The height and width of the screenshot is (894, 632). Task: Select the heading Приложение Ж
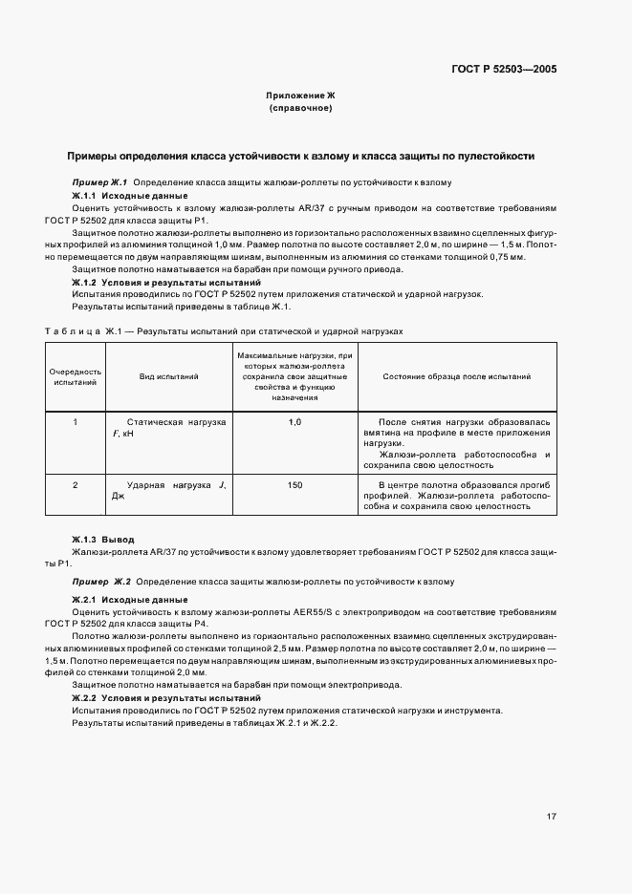click(301, 96)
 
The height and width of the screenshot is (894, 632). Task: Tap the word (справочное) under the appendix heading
click(301, 109)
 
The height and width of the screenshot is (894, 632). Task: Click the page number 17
click(552, 817)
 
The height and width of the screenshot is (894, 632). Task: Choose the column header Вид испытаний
click(169, 377)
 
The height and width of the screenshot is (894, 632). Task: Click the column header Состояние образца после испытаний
click(457, 377)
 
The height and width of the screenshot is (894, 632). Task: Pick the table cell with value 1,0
click(294, 421)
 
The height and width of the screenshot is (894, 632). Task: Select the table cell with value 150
click(294, 485)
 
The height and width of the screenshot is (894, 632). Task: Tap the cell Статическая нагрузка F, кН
click(169, 427)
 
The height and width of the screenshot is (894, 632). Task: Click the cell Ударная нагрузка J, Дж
click(169, 491)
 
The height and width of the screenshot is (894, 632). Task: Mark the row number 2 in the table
click(75, 485)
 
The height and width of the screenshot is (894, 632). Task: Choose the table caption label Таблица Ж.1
click(79, 331)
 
